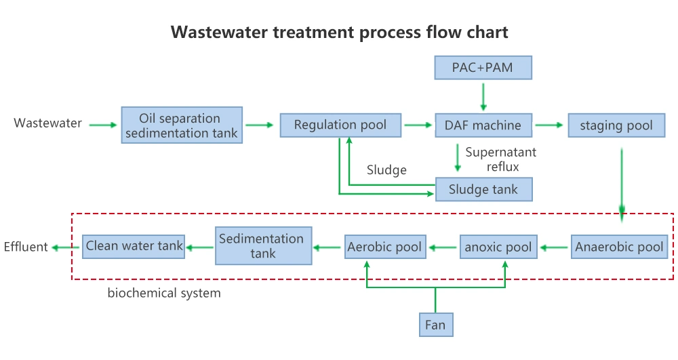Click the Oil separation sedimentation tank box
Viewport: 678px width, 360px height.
pos(182,125)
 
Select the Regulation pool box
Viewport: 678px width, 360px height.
pos(340,125)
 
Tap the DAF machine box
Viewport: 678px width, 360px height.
pos(483,125)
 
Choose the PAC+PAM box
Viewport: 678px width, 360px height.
pos(483,68)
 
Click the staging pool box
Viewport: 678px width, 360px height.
pos(616,125)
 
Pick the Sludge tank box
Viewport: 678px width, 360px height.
pos(483,190)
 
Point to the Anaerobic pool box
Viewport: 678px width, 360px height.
pos(619,247)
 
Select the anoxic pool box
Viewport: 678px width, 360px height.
pos(498,247)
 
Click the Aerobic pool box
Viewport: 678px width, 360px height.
pos(384,247)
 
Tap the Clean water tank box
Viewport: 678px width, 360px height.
pos(134,246)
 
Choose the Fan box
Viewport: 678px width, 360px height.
pos(435,325)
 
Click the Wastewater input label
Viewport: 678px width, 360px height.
pos(47,123)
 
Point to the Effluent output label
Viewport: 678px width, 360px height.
pos(26,247)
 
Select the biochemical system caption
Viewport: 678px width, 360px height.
pos(164,294)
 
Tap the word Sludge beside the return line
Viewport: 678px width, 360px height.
pos(386,169)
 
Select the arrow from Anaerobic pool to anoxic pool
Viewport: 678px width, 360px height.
pos(555,247)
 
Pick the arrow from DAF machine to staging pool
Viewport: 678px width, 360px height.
pos(549,125)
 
